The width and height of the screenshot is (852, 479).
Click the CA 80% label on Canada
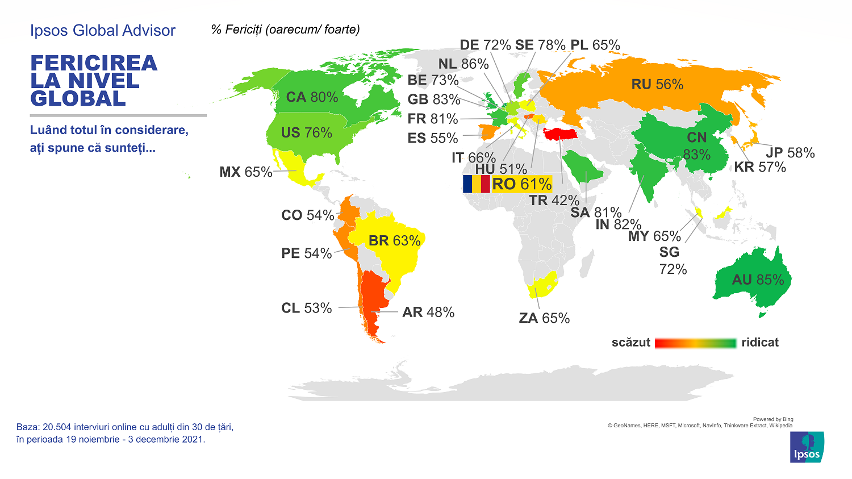tap(312, 97)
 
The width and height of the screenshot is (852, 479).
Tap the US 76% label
tap(306, 133)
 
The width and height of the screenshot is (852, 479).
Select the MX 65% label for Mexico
tap(246, 172)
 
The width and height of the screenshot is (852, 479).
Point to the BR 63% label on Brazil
tap(395, 241)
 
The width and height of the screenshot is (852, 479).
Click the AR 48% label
tap(428, 313)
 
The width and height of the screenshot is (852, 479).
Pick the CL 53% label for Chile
tap(307, 308)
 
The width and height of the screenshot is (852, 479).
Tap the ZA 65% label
tap(544, 318)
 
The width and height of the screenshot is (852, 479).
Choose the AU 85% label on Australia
tap(758, 280)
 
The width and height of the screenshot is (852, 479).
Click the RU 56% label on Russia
tap(657, 85)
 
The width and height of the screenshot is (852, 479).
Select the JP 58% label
tap(790, 153)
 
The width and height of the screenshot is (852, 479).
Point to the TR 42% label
tap(554, 201)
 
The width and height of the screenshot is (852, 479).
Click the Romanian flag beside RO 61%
tap(476, 184)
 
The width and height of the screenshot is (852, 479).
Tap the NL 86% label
tap(463, 64)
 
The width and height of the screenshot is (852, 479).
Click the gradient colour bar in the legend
tap(696, 343)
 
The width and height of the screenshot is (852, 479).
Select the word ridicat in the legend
tap(760, 343)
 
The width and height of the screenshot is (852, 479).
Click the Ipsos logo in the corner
tap(807, 447)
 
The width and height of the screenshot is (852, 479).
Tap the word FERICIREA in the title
tap(94, 64)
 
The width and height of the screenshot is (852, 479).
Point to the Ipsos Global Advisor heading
tap(103, 31)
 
